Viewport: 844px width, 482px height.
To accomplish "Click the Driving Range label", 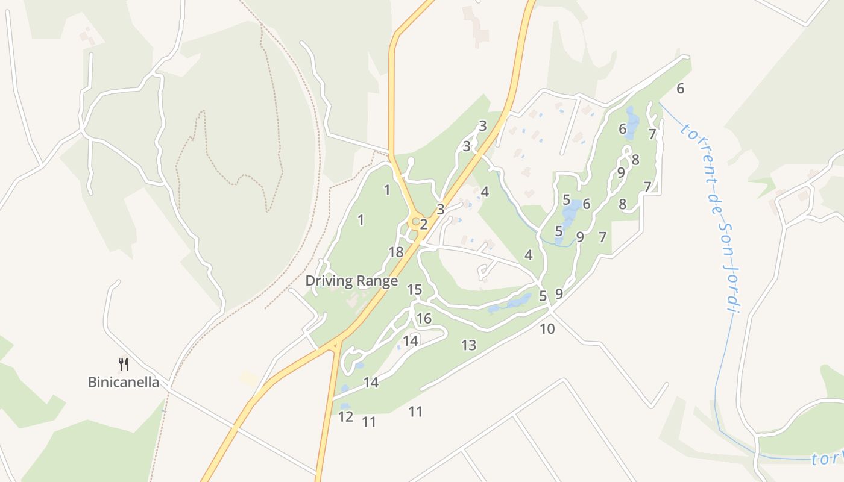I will [x=351, y=281].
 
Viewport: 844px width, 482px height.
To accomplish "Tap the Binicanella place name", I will [x=124, y=382].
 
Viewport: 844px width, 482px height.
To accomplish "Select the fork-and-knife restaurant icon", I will [x=124, y=364].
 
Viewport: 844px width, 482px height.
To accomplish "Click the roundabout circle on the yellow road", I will [x=415, y=222].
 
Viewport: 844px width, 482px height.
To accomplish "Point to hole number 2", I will [x=424, y=225].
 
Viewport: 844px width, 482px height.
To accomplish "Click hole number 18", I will [x=396, y=252].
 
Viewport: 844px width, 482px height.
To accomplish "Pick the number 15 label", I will [x=414, y=290].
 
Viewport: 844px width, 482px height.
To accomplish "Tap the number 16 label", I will [x=424, y=318].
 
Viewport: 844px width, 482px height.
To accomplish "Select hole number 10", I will [x=547, y=329].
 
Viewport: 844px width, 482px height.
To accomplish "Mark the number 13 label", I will [x=468, y=345].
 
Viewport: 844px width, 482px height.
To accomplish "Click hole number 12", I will [x=345, y=416].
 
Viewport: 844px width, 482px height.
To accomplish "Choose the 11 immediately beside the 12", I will [x=369, y=422].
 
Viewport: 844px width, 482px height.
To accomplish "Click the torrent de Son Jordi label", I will [x=711, y=217].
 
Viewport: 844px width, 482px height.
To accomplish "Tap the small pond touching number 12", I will [x=345, y=406].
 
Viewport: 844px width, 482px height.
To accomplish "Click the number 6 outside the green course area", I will [x=681, y=89].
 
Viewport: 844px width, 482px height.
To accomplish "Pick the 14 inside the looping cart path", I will [x=411, y=341].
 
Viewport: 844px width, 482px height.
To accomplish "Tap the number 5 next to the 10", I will [x=543, y=296].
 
